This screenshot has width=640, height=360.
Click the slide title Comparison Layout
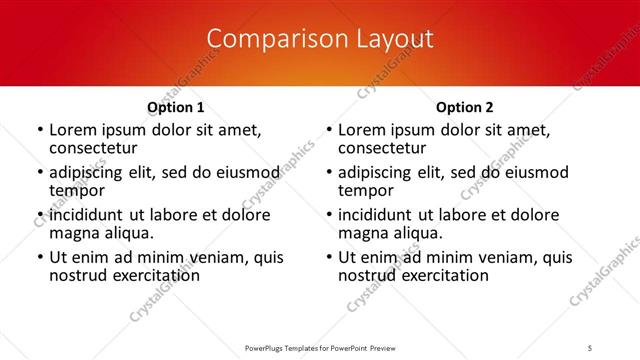[320, 39]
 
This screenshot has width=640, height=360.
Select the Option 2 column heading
[464, 107]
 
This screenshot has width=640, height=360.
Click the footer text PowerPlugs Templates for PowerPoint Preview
[319, 347]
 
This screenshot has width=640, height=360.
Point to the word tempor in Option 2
[366, 190]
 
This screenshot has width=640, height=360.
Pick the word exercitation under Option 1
[158, 275]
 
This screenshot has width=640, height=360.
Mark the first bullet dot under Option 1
[39, 131]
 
